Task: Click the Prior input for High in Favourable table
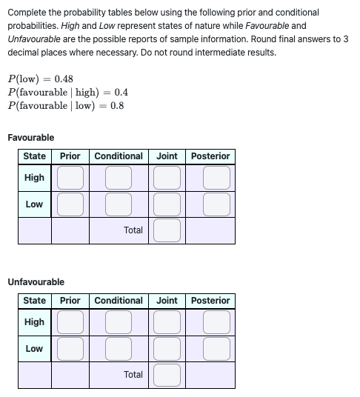pyautogui.click(x=70, y=178)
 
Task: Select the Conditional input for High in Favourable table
pyautogui.click(x=119, y=178)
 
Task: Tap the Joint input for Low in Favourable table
pyautogui.click(x=167, y=204)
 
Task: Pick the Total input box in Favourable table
pyautogui.click(x=167, y=230)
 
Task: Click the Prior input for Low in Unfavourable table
pyautogui.click(x=70, y=349)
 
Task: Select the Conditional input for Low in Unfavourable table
pyautogui.click(x=119, y=349)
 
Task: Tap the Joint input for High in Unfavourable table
pyautogui.click(x=167, y=322)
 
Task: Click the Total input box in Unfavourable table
pyautogui.click(x=167, y=375)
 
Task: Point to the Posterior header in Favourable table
pyautogui.click(x=210, y=156)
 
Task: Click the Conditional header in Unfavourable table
pyautogui.click(x=119, y=301)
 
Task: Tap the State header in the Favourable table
pyautogui.click(x=34, y=156)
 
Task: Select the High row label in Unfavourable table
pyautogui.click(x=34, y=322)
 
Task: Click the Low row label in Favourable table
pyautogui.click(x=34, y=204)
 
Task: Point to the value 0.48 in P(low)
pyautogui.click(x=64, y=79)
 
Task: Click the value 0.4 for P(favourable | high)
pyautogui.click(x=121, y=93)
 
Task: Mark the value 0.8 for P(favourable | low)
pyautogui.click(x=117, y=105)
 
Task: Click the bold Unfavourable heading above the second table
pyautogui.click(x=36, y=282)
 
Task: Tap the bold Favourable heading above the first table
pyautogui.click(x=30, y=138)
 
